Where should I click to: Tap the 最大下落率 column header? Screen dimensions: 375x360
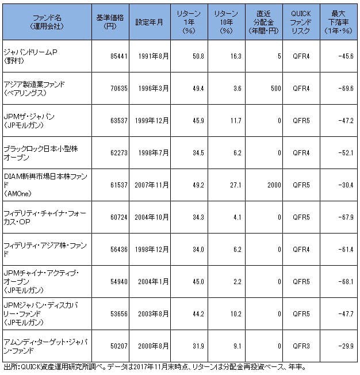click(x=339, y=22)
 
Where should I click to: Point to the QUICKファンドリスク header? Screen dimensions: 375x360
click(x=301, y=22)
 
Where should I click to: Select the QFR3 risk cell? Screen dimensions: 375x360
click(x=301, y=346)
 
